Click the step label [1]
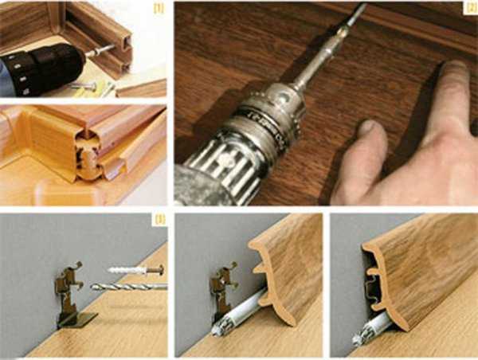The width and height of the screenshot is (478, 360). pos(159,9)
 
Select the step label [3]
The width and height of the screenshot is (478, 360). pos(159,219)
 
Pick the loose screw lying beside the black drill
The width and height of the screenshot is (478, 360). pos(83,86)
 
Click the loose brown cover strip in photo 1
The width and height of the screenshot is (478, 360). pos(141,88)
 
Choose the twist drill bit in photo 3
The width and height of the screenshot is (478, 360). pos(129,287)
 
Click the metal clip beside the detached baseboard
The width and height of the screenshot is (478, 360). pos(223,292)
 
